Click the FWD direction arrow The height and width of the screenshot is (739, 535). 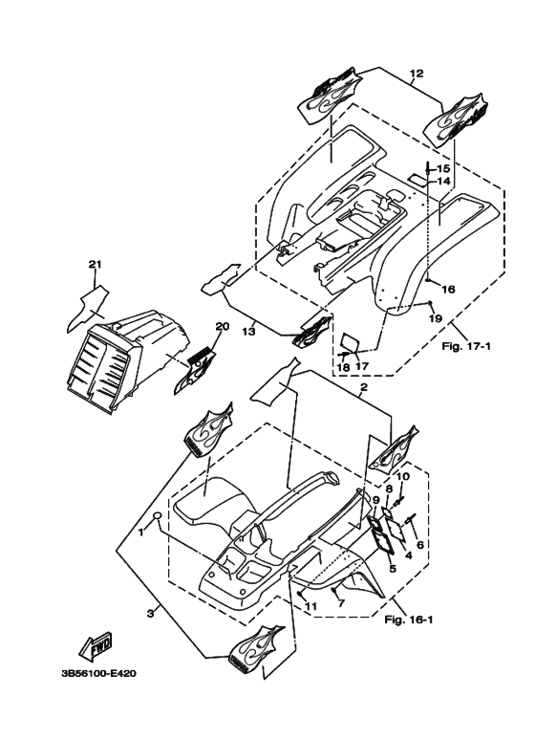click(x=96, y=645)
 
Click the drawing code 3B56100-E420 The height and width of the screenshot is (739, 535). click(x=99, y=673)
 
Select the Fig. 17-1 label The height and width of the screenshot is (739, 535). click(x=466, y=346)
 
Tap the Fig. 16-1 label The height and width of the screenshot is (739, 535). click(x=408, y=619)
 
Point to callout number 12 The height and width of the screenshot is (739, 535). click(x=417, y=73)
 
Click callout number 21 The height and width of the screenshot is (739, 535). click(x=96, y=265)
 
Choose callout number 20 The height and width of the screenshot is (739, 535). click(x=223, y=326)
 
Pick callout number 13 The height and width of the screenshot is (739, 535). click(x=249, y=332)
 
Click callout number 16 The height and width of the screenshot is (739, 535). click(x=448, y=289)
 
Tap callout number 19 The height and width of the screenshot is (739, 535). click(x=435, y=318)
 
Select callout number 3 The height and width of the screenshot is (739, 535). click(x=151, y=613)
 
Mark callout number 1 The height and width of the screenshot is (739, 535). click(x=140, y=533)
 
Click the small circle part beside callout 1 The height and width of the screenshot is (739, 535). click(x=159, y=514)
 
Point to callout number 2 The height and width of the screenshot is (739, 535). click(x=364, y=388)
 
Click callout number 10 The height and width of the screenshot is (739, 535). click(x=402, y=476)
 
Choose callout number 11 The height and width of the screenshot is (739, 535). click(x=310, y=606)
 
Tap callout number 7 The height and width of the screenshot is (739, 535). click(x=342, y=603)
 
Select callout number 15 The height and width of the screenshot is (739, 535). click(x=443, y=168)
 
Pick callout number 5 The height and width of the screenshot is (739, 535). click(x=393, y=569)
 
